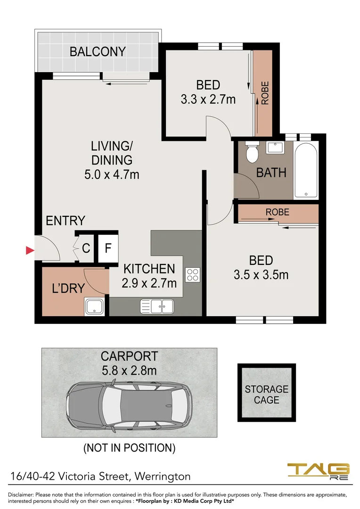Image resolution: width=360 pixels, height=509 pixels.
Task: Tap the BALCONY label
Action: click(x=98, y=52)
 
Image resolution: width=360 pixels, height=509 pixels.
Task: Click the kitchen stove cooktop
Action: click(x=193, y=274)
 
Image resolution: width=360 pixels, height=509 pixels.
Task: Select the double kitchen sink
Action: click(x=157, y=306)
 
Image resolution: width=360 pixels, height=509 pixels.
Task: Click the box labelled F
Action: click(x=108, y=248)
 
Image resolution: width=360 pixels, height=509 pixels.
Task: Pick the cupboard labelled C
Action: click(x=86, y=248)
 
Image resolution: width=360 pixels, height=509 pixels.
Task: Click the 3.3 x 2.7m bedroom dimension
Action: click(x=208, y=99)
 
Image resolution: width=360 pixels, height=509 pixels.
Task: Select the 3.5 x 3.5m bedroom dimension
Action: click(x=261, y=274)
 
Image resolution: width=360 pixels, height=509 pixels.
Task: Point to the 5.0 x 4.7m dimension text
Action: click(x=112, y=174)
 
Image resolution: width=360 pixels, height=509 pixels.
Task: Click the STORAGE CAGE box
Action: click(x=266, y=394)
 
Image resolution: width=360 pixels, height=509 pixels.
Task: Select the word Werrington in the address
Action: click(x=163, y=476)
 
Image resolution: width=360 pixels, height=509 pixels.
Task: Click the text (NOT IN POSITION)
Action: click(x=129, y=447)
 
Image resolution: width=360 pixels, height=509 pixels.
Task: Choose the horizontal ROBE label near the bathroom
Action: click(x=277, y=212)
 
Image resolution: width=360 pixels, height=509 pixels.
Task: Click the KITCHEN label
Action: click(x=149, y=269)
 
